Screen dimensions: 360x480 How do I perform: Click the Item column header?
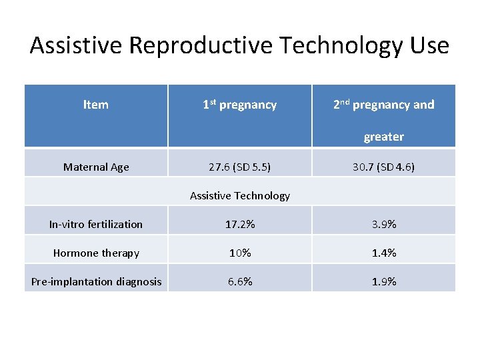[96, 105]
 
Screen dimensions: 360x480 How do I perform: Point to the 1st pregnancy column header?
[239, 105]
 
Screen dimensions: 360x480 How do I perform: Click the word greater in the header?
[383, 137]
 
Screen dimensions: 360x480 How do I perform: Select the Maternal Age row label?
[96, 167]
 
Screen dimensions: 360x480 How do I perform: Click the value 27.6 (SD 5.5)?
[239, 167]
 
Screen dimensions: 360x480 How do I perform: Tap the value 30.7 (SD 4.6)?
[383, 167]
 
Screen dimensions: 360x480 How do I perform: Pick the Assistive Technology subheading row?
[240, 196]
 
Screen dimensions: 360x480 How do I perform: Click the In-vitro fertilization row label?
[96, 225]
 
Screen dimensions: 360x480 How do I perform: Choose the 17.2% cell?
[239, 225]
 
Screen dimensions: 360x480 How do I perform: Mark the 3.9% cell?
[383, 225]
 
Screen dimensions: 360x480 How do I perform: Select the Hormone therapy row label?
[96, 253]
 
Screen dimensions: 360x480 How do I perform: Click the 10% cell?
[239, 253]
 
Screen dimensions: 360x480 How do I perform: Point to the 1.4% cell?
[383, 253]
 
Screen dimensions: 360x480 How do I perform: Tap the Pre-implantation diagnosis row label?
[96, 282]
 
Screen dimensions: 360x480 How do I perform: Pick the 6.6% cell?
[239, 282]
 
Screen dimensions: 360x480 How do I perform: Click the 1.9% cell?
[383, 282]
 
